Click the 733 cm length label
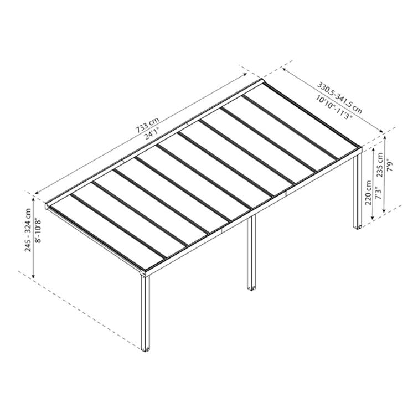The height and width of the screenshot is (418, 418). pyautogui.click(x=147, y=126)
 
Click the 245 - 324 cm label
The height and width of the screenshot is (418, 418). pyautogui.click(x=28, y=230)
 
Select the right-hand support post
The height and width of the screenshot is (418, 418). pyautogui.click(x=357, y=191)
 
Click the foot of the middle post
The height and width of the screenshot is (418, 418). pyautogui.click(x=251, y=288)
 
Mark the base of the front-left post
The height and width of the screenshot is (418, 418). pyautogui.click(x=147, y=349)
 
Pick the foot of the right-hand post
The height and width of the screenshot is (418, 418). pyautogui.click(x=357, y=226)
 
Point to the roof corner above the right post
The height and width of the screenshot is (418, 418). pyautogui.click(x=359, y=148)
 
